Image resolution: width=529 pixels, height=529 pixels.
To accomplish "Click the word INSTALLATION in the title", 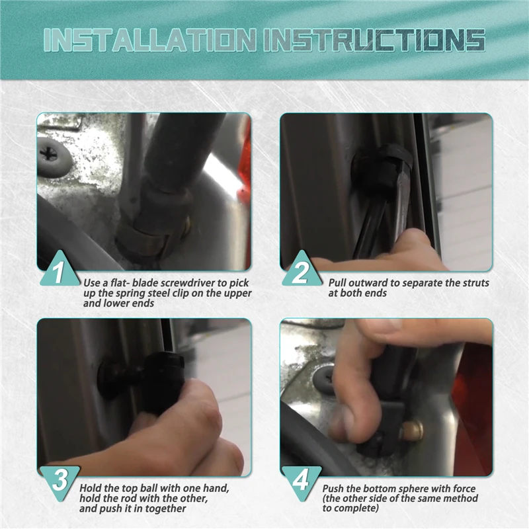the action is [149, 40].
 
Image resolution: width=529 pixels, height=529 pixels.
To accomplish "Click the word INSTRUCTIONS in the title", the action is [374, 40].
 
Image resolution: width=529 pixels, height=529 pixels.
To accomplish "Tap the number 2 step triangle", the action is [302, 269].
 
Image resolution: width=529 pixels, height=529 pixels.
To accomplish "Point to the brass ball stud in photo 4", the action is [411, 431].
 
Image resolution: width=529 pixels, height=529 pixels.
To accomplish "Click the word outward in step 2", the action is [369, 283].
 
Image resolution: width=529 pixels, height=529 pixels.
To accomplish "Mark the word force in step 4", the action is [464, 489].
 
